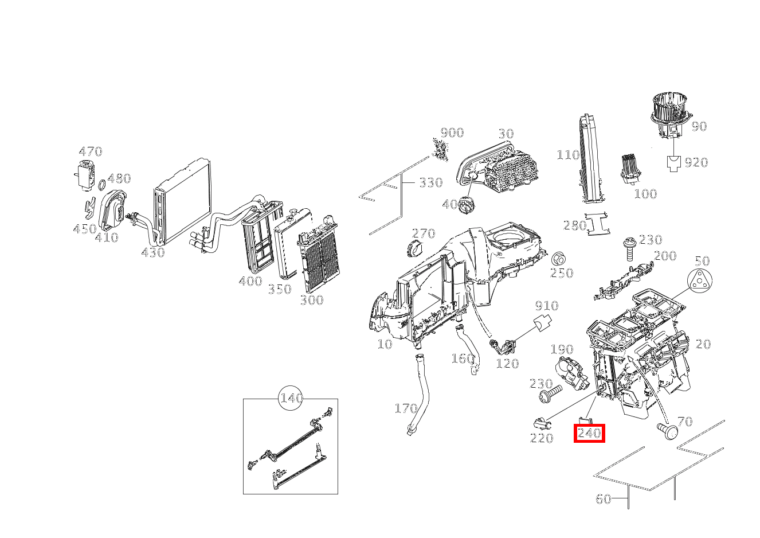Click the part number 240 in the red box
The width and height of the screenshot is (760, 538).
[x=589, y=433]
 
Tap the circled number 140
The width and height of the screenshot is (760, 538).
[x=291, y=398]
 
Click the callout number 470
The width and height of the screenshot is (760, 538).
[x=90, y=151]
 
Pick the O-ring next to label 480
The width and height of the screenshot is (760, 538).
[x=101, y=185]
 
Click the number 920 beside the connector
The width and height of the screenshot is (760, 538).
[x=696, y=163]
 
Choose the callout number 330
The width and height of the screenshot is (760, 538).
[x=430, y=182]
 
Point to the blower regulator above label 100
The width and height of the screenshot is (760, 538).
[x=633, y=169]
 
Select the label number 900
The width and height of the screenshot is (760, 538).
[x=452, y=132]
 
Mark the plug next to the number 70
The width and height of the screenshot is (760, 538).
[x=667, y=429]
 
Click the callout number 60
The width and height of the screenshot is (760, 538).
[x=603, y=499]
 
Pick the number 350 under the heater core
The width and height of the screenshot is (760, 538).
[x=280, y=289]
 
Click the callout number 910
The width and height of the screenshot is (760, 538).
[x=546, y=305]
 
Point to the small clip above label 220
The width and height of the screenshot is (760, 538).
[x=542, y=424]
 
